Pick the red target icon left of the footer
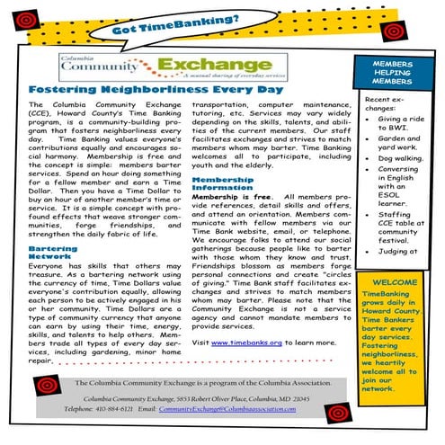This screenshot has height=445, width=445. (42, 388)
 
